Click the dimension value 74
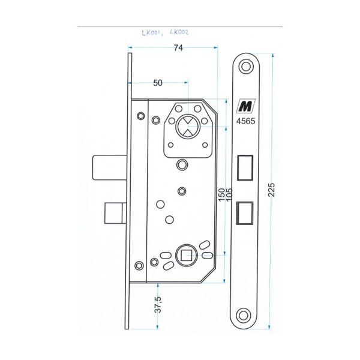(x=178, y=48)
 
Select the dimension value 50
(x=158, y=83)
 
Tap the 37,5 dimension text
(x=158, y=304)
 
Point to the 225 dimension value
(x=271, y=190)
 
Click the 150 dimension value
(x=221, y=194)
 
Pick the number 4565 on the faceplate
(x=245, y=121)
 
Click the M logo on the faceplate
(x=245, y=106)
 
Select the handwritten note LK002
(x=179, y=32)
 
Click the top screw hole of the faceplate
(x=246, y=67)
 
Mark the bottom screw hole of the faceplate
(x=244, y=316)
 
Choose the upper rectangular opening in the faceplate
(x=245, y=167)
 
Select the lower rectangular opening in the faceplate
(x=245, y=213)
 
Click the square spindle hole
(x=186, y=256)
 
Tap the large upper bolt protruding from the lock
(x=110, y=167)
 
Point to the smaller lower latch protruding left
(x=115, y=213)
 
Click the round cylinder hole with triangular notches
(x=188, y=127)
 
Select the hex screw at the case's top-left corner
(x=141, y=116)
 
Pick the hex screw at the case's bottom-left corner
(x=139, y=266)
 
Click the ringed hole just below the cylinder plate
(x=182, y=164)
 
